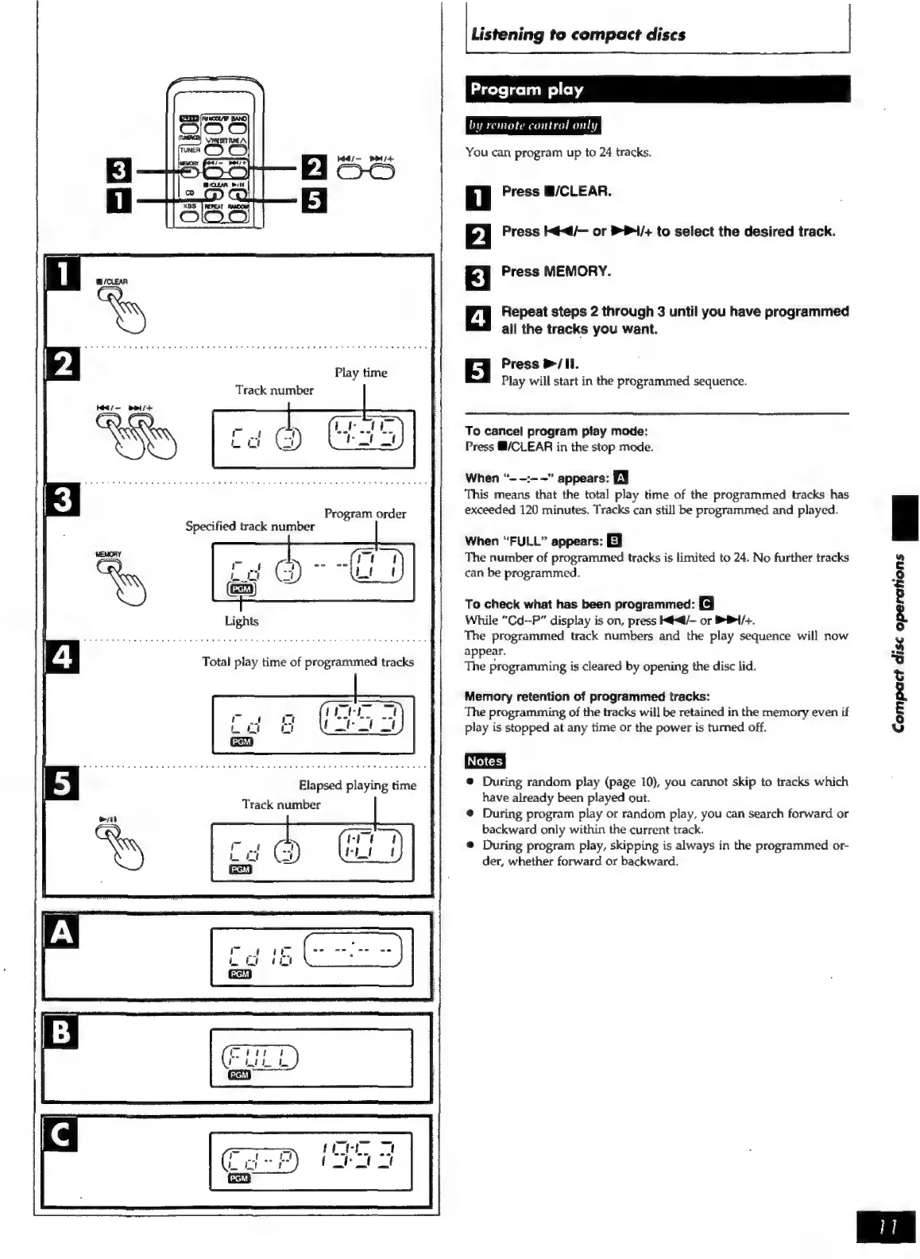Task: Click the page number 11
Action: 886,1227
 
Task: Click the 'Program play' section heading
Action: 527,90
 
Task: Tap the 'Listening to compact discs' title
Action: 578,34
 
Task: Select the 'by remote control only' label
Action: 533,126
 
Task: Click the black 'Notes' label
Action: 485,761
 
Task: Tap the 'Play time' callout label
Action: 361,373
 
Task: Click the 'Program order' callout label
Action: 365,513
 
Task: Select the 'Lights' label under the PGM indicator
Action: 241,621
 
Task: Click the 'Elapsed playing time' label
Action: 357,785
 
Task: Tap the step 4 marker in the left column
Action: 62,659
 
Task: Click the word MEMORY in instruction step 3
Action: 577,272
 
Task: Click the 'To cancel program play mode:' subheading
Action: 556,431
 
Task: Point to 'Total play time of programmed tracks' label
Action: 307,662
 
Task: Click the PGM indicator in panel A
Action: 240,974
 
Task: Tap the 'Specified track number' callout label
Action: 249,526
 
